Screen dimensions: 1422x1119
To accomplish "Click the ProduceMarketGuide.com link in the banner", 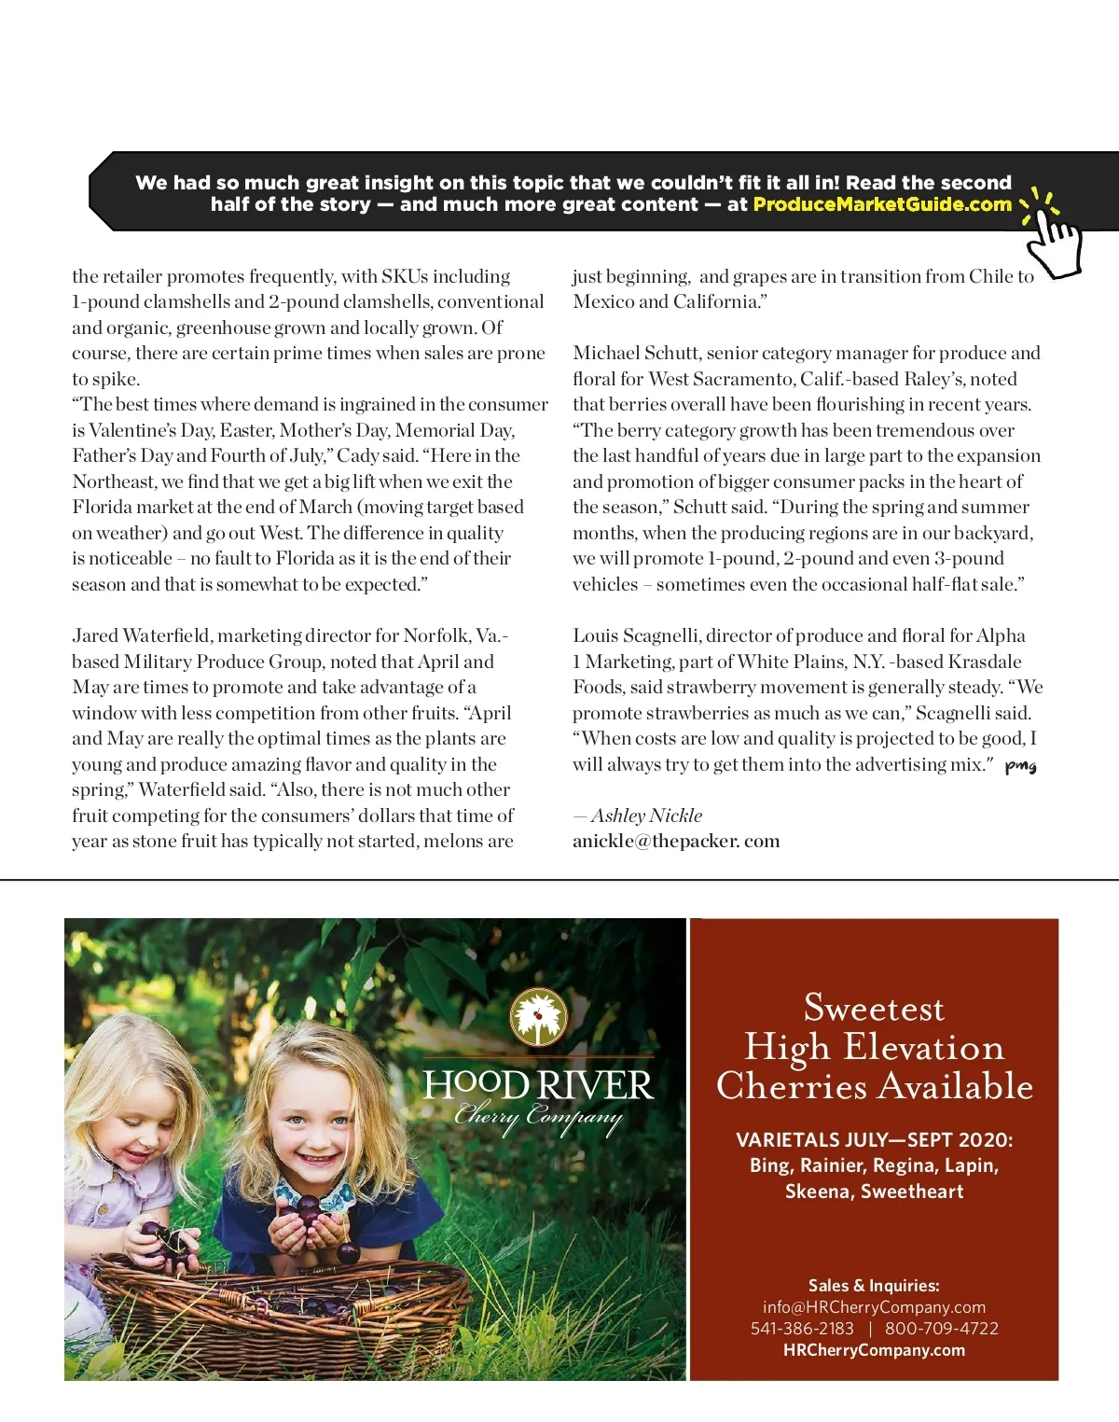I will coord(881,204).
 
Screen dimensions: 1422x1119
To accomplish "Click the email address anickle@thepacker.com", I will coord(676,841).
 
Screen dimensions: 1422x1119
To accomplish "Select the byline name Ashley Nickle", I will coord(646,816).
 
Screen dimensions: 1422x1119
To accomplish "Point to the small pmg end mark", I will coord(1020,766).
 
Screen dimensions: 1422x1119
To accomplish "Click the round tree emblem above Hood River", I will coord(538,1017).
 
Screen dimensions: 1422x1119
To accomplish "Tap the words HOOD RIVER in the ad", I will coord(538,1085).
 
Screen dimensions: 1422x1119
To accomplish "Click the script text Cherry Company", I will coord(538,1117).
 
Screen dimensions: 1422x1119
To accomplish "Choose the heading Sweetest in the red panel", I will coord(874,1008).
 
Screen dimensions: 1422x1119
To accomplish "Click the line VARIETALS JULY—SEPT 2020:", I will coord(874,1140).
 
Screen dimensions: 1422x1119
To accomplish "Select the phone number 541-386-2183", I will coord(802,1329).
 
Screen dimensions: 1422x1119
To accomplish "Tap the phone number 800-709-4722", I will coord(941,1329).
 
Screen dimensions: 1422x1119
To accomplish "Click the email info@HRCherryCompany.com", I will coord(874,1307).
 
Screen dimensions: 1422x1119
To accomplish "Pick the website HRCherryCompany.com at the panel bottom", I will coord(874,1350).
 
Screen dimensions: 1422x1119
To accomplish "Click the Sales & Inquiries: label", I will coord(874,1286).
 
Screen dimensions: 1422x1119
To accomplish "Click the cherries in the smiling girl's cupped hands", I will coord(307,1214).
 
